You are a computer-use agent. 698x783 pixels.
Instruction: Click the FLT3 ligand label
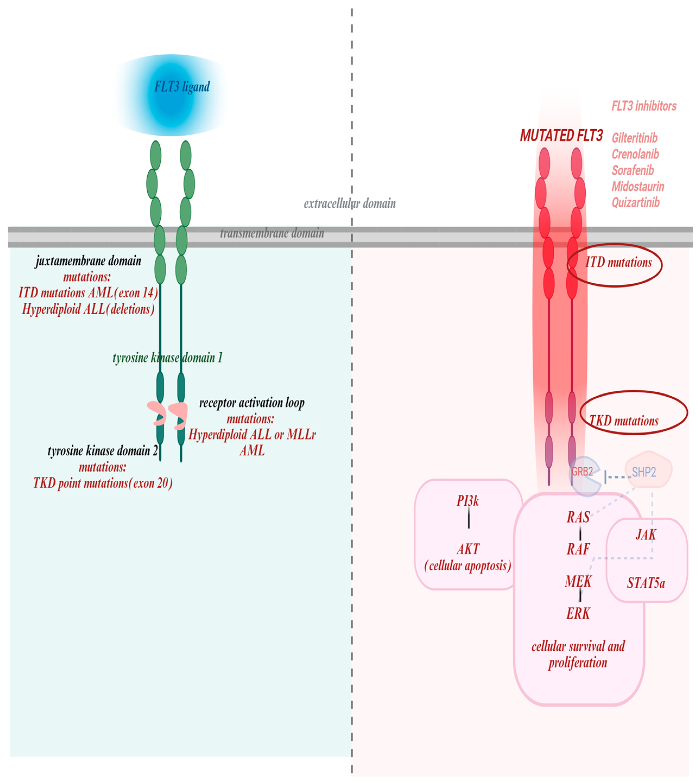point(182,87)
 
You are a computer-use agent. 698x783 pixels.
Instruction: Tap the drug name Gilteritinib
point(634,138)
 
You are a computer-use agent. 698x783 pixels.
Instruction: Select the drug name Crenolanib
point(635,154)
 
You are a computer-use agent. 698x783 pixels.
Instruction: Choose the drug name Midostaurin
point(638,186)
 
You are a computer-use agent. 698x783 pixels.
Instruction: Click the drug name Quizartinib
point(636,202)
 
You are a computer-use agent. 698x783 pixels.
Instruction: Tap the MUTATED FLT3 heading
point(561,136)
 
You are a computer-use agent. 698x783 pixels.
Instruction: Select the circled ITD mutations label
point(618,263)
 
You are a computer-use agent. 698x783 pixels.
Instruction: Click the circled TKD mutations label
point(624,421)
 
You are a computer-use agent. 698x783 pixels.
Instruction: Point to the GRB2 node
point(582,472)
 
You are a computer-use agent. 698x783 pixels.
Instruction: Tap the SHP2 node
point(644,472)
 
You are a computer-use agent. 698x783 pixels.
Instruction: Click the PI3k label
point(468,501)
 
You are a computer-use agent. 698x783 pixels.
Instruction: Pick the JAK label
point(646,534)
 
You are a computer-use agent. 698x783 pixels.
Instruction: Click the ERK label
point(578,613)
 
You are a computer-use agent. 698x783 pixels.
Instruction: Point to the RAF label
point(578,549)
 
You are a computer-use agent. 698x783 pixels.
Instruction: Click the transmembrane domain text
point(272,233)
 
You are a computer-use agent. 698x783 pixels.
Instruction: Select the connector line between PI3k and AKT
point(469,518)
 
